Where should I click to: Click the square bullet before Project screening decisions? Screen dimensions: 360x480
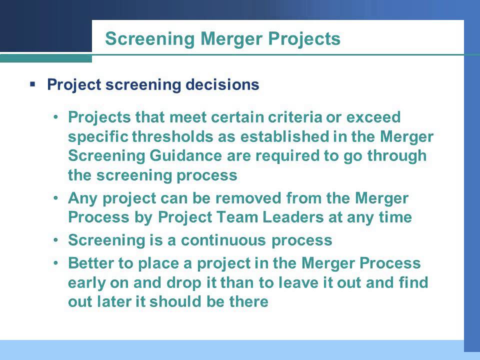point(32,84)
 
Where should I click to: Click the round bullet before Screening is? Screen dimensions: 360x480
point(56,240)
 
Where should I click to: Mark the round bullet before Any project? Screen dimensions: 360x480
point(56,198)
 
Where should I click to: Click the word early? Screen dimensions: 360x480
point(87,283)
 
